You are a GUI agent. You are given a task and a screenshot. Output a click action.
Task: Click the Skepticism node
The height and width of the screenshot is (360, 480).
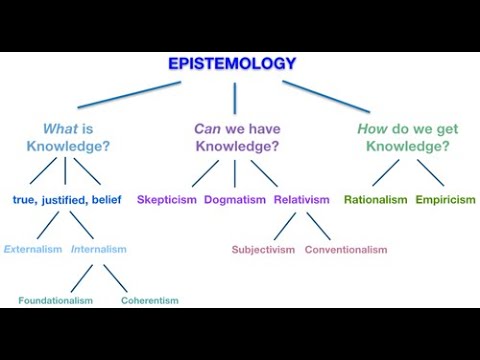pyautogui.click(x=167, y=200)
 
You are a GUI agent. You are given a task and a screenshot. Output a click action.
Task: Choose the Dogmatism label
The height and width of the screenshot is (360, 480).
pyautogui.click(x=235, y=200)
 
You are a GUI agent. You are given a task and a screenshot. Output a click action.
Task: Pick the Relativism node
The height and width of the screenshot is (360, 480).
pyautogui.click(x=301, y=200)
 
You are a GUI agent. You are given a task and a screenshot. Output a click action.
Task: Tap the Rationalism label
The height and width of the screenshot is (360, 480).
pyautogui.click(x=375, y=200)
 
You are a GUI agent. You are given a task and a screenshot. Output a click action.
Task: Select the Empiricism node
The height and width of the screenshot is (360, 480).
pyautogui.click(x=445, y=200)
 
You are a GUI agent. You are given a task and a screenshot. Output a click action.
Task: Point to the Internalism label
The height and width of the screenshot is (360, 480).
pyautogui.click(x=99, y=249)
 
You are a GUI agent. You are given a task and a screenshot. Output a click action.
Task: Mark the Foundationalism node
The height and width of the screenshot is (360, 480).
pyautogui.click(x=55, y=300)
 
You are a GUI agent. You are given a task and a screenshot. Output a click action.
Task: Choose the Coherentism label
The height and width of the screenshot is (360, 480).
pyautogui.click(x=149, y=300)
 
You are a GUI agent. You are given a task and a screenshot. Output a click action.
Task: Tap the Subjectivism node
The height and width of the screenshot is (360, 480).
pyautogui.click(x=263, y=249)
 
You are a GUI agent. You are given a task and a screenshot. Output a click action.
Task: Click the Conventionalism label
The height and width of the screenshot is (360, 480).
pyautogui.click(x=345, y=249)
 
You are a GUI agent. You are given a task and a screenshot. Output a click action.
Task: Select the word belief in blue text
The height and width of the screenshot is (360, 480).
pyautogui.click(x=106, y=200)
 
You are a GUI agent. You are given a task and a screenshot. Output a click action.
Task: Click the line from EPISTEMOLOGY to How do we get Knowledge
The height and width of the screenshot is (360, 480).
pyautogui.click(x=325, y=95)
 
